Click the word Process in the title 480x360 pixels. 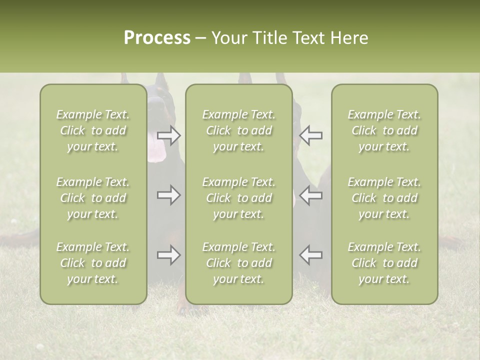157,38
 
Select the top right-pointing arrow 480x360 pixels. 169,135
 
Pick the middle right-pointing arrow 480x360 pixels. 169,195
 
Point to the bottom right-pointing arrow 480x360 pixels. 169,255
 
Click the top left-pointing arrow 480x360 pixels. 310,135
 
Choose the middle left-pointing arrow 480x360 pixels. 310,195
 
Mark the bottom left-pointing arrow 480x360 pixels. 310,255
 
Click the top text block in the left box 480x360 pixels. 93,130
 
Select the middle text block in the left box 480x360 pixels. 93,198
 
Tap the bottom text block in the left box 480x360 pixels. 93,263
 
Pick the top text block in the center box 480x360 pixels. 238,130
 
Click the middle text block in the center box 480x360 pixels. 238,198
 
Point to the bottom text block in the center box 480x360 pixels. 238,263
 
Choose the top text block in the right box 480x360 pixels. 384,130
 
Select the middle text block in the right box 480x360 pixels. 384,198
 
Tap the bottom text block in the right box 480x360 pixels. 384,263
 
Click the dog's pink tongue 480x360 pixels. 156,152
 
